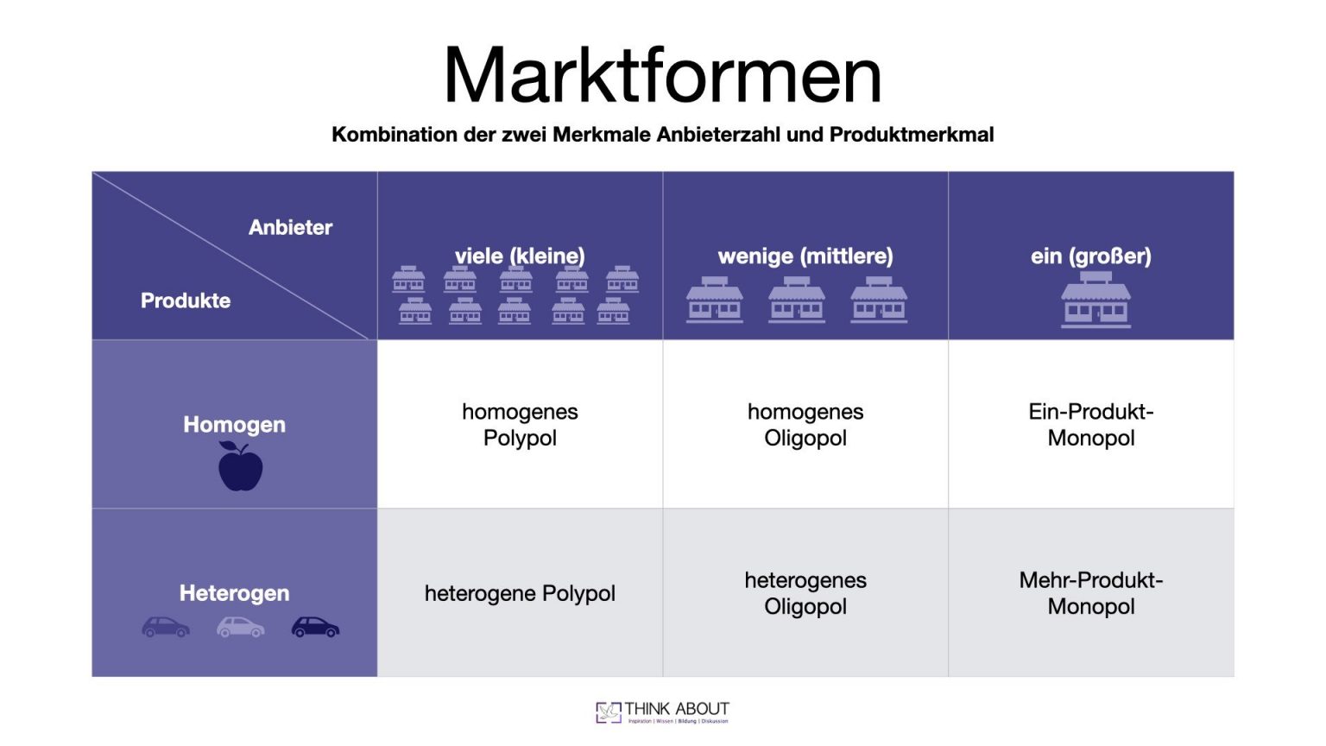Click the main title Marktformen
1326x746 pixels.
pos(662,75)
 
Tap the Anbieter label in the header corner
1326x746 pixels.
pos(290,227)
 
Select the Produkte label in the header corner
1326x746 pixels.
pos(186,300)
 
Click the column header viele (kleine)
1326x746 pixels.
pos(520,256)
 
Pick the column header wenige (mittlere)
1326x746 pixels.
pos(805,256)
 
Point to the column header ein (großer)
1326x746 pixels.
pos(1090,256)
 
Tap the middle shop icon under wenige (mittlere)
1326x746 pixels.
pos(797,300)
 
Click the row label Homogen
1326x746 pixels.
pos(234,424)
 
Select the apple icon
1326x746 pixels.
pos(240,466)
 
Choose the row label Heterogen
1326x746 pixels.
pos(234,593)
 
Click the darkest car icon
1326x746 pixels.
pos(315,627)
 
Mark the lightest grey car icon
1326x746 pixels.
pos(240,627)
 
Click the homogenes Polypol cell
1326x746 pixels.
pos(520,425)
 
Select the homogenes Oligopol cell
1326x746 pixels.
pos(805,425)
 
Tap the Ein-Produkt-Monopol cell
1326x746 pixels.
pos(1091,425)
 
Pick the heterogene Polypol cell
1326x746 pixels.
pos(520,593)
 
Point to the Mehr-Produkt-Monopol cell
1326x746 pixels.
pos(1091,593)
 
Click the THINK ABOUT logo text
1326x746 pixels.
pos(677,709)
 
